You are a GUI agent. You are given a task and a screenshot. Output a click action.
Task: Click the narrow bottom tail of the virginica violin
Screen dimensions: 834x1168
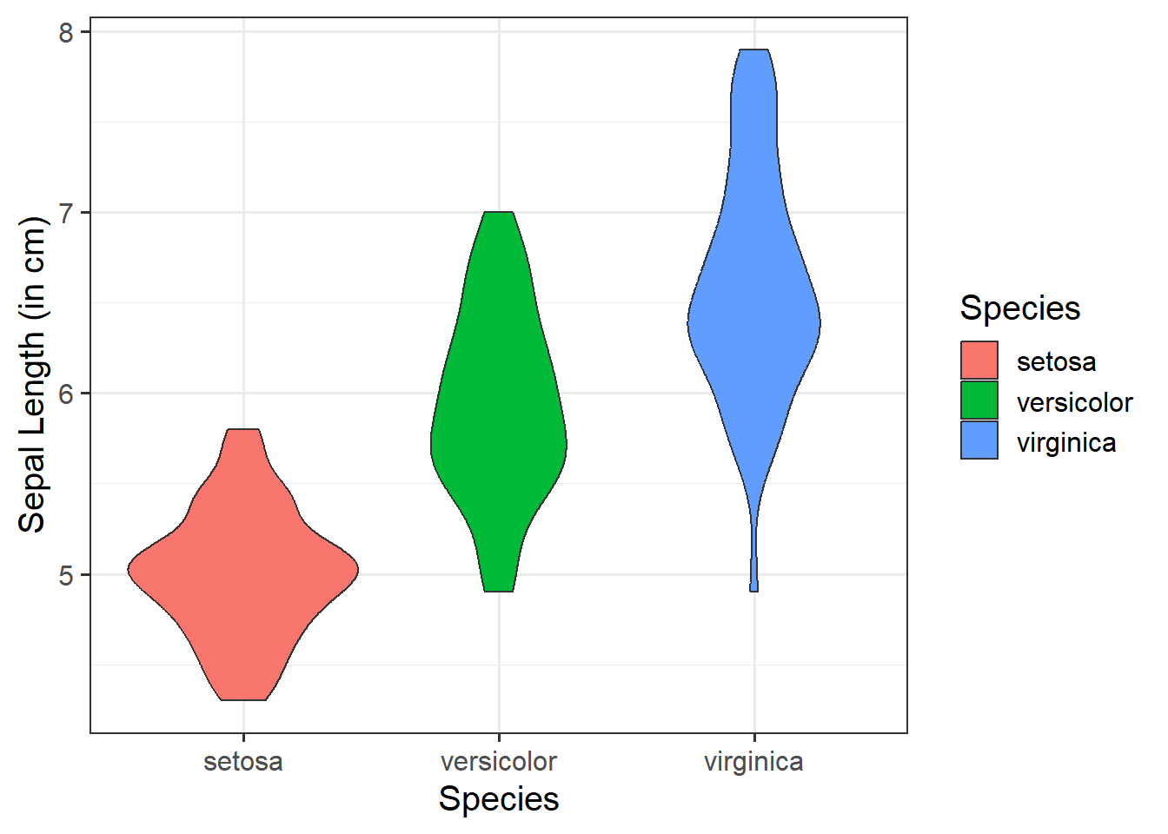(754, 565)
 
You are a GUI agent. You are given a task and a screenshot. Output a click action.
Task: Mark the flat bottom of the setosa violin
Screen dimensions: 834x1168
(243, 698)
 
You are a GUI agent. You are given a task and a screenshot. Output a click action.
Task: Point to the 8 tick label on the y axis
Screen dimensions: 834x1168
(67, 32)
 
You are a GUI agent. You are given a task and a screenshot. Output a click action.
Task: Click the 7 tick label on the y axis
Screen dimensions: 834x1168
(67, 213)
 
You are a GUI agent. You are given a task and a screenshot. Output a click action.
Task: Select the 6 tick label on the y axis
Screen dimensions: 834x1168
(67, 394)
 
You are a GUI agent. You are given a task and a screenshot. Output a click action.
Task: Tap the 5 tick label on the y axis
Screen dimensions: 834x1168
(67, 575)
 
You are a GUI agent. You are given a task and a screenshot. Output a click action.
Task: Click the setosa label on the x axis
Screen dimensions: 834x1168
(243, 762)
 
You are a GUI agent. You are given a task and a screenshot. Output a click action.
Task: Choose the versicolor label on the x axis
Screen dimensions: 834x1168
(499, 762)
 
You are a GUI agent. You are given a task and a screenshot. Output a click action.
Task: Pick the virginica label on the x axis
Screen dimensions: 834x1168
(754, 762)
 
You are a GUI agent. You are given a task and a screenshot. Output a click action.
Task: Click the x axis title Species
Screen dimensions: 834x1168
(499, 799)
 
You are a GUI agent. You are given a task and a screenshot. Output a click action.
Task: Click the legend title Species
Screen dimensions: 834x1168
(1020, 308)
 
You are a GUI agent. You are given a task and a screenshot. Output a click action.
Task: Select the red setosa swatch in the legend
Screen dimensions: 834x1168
(979, 361)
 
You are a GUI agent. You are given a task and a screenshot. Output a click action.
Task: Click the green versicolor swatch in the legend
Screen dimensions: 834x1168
(979, 400)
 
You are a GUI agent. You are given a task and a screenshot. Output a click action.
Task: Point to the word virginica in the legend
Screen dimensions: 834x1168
(1066, 443)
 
